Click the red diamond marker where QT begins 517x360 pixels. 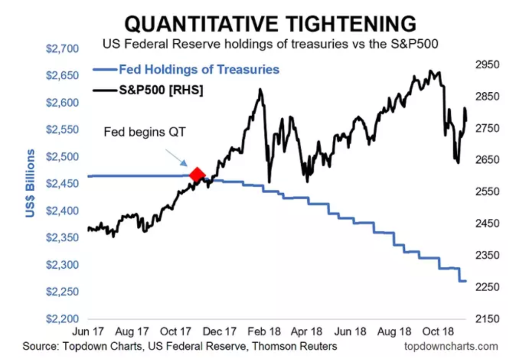coord(197,174)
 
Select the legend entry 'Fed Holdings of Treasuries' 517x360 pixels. coord(199,69)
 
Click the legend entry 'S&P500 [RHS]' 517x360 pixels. coord(161,91)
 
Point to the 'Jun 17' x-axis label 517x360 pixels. coord(88,331)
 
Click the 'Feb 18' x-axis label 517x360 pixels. coord(261,331)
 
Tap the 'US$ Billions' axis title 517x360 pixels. coord(32,184)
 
